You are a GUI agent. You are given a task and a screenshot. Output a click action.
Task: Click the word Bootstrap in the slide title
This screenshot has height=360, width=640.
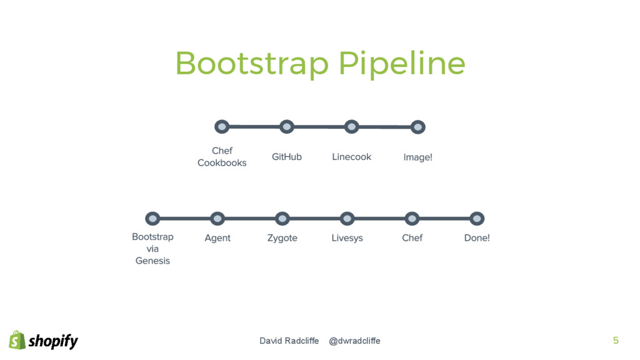click(252, 64)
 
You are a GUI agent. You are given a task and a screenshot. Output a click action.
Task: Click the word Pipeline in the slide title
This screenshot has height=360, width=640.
click(402, 64)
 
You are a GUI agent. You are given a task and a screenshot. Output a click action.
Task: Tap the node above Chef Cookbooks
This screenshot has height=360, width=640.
click(222, 127)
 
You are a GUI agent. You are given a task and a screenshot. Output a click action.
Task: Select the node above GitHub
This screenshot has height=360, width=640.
click(287, 127)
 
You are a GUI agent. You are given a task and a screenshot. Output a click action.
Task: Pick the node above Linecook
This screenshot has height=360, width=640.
click(352, 127)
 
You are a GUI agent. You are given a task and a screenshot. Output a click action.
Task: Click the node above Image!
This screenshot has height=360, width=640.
click(418, 127)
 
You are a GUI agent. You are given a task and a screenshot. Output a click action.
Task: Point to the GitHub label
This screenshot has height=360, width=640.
click(287, 157)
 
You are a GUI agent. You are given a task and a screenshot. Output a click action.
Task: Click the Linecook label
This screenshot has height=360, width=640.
click(352, 157)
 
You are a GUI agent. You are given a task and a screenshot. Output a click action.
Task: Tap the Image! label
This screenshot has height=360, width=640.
click(418, 157)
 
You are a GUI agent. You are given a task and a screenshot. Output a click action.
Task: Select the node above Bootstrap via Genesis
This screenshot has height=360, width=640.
click(152, 219)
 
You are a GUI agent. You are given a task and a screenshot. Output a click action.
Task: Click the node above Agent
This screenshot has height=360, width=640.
click(217, 219)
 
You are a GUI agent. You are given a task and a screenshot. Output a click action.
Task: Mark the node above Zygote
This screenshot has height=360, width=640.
click(282, 219)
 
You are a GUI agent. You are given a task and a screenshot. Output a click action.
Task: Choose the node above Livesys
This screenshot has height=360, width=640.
click(347, 219)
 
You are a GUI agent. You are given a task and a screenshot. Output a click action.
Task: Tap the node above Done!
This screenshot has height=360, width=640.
click(477, 219)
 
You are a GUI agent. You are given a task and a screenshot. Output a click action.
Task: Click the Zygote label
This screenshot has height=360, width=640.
click(282, 238)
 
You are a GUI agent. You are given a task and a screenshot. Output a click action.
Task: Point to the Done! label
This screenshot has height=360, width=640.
click(477, 238)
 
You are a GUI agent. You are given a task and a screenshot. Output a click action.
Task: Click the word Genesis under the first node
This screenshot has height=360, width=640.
click(152, 261)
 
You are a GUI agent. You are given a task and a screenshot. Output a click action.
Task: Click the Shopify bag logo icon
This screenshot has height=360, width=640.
click(17, 340)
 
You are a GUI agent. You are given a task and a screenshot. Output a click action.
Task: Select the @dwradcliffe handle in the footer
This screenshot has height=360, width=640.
click(354, 341)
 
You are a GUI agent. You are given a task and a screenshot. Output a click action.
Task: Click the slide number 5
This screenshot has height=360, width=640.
click(616, 341)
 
